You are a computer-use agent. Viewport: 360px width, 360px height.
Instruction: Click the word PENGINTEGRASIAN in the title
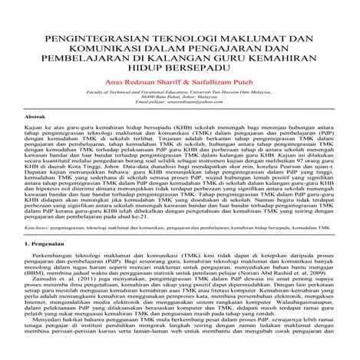pyautogui.click(x=91, y=36)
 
